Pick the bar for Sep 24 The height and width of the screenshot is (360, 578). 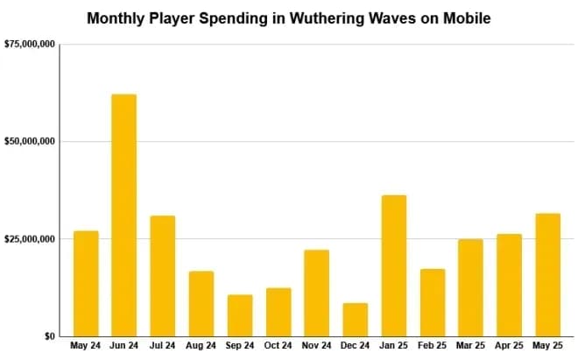[240, 315]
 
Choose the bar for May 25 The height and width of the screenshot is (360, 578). [548, 274]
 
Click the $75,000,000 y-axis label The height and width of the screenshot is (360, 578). [31, 44]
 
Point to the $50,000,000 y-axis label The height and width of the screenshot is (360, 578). [31, 141]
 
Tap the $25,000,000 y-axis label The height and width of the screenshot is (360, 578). [31, 238]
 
